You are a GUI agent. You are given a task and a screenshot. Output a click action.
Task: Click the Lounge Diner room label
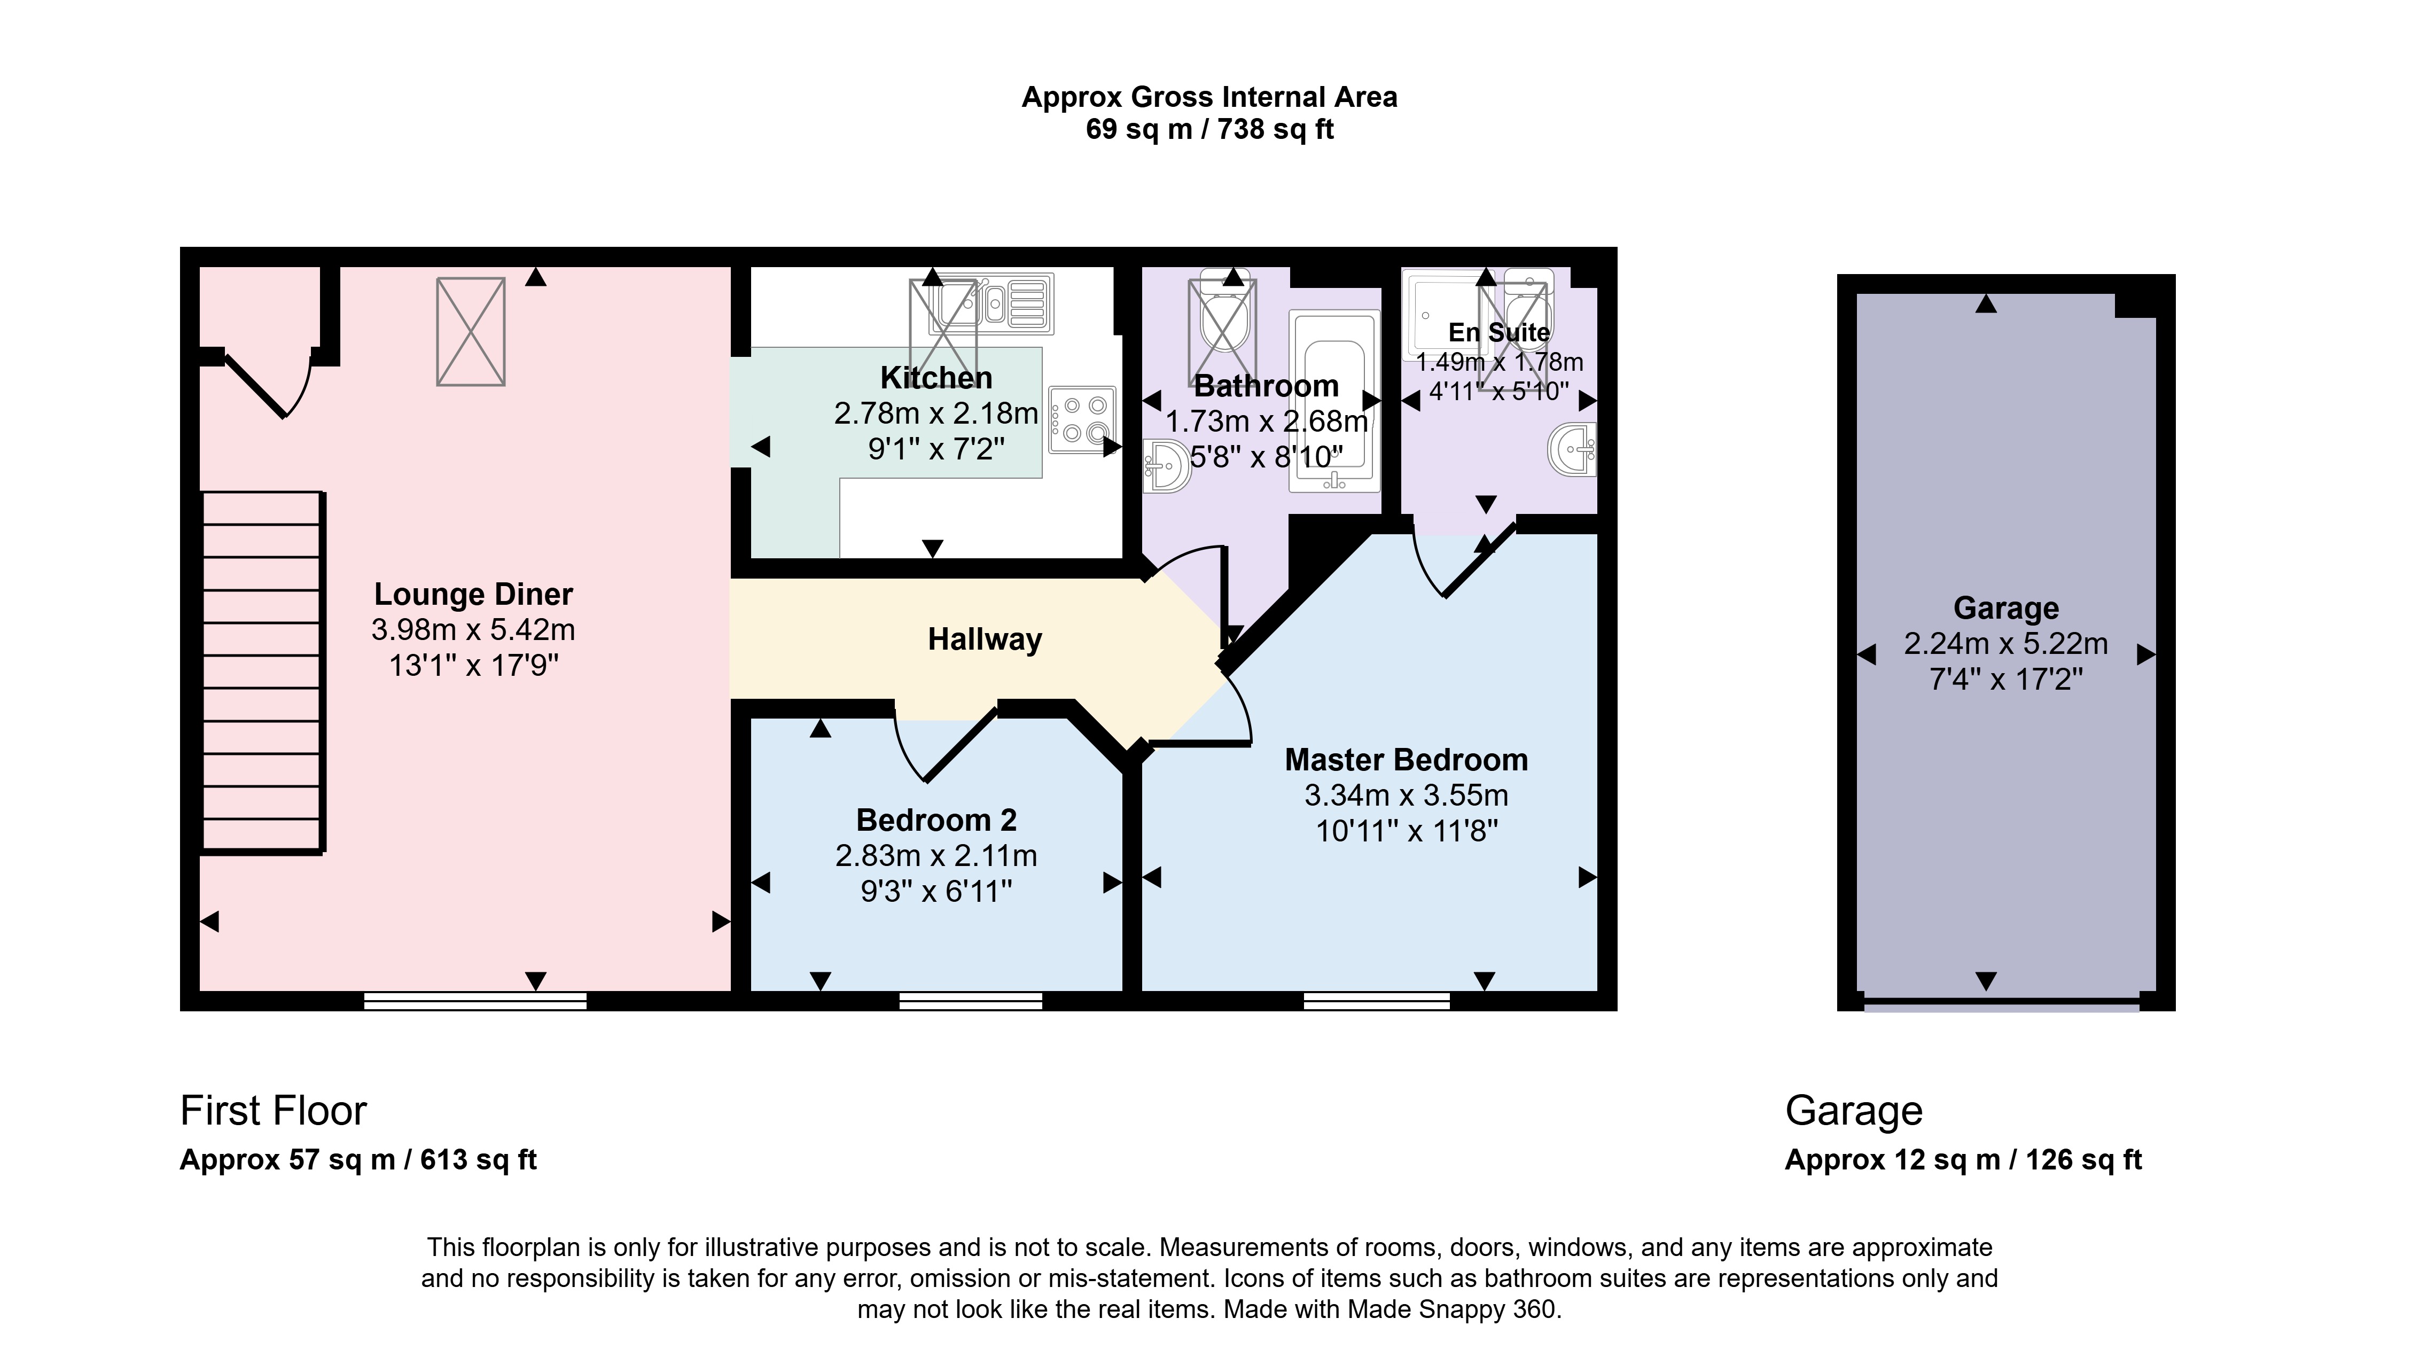473,594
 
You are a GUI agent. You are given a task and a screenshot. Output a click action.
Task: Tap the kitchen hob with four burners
1082,419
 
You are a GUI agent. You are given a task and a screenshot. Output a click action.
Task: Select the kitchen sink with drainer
990,303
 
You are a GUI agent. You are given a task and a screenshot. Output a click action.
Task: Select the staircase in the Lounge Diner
263,672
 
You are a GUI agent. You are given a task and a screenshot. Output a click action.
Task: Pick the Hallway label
985,639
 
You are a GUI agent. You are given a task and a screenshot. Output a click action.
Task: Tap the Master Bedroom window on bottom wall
1376,1001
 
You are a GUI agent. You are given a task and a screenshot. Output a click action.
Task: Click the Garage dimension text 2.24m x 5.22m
2005,644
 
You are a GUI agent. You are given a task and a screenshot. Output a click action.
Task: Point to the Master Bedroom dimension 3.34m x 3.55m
1406,795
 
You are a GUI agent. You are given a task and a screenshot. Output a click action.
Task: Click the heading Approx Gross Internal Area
1209,97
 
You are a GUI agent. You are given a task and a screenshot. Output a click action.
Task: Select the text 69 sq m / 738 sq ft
1209,129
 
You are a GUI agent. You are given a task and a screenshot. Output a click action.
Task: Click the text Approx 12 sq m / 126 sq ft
1963,1159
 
